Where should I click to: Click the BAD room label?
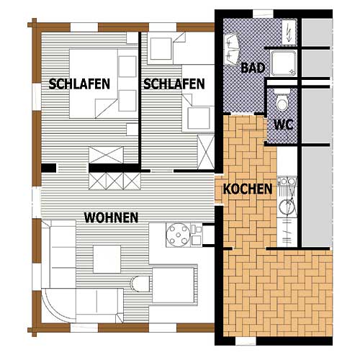253,68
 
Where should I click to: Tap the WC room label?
284,125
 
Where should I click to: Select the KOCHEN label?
248,189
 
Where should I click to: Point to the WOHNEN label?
111,217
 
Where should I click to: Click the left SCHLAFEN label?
79,84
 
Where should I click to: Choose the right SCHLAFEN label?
174,84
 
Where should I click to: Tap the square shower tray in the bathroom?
284,63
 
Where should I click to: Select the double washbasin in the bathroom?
232,50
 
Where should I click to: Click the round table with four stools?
179,235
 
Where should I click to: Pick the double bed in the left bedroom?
94,84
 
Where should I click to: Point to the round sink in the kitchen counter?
287,207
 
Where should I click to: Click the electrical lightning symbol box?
289,32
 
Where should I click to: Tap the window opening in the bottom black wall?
246,341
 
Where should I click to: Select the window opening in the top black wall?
263,14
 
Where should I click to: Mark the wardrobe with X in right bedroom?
206,152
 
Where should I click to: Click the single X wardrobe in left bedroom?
106,155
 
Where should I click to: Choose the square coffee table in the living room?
107,259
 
